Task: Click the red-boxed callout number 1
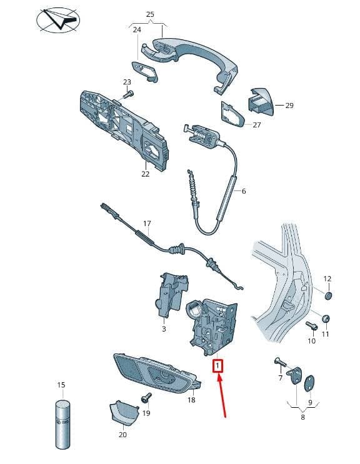218,366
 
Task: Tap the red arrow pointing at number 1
222,396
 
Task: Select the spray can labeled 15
62,425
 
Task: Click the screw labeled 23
128,95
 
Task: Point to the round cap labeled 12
328,295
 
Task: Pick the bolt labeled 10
312,326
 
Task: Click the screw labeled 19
146,397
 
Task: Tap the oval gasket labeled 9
309,384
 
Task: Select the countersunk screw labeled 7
281,362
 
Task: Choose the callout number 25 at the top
150,14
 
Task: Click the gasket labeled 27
232,114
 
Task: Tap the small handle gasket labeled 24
145,71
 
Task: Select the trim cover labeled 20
124,412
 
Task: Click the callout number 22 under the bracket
146,174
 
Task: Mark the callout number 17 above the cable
147,224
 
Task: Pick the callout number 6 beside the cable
244,191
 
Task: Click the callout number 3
164,328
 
